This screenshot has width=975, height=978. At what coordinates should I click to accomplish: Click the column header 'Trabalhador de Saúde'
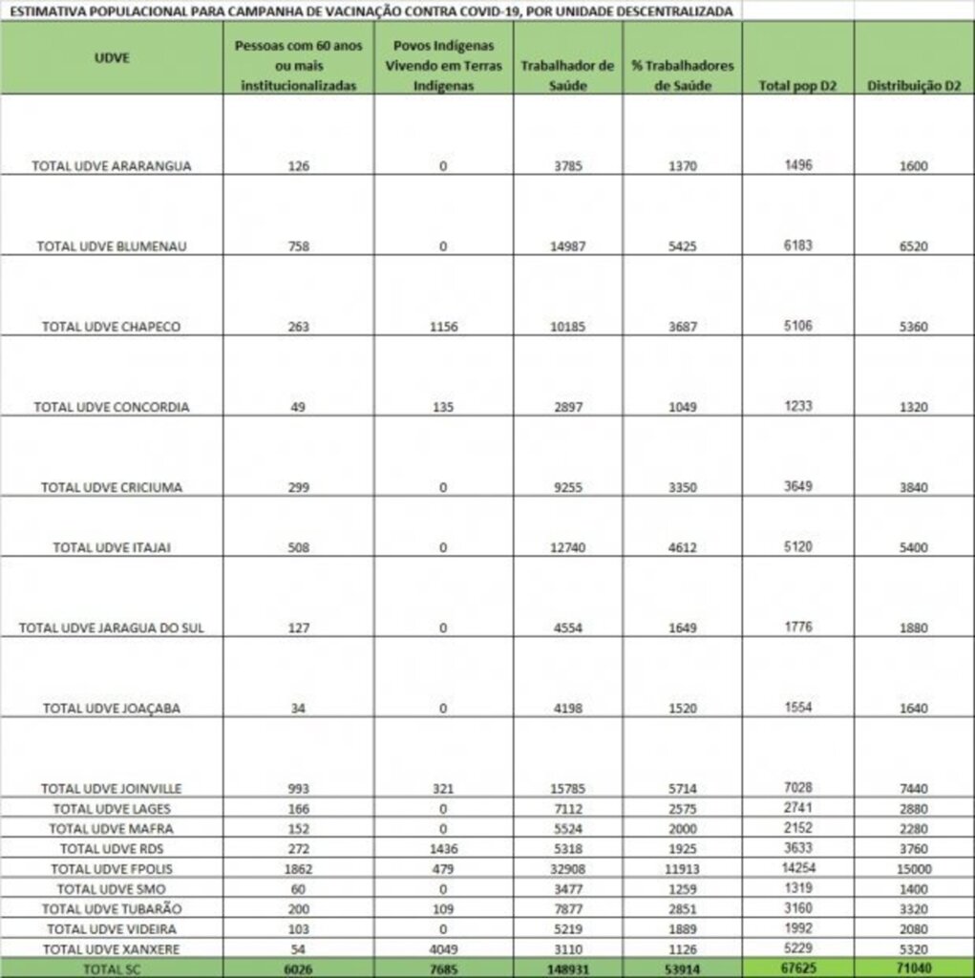tap(567, 74)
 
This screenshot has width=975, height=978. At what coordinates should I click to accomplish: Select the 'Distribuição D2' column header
tap(913, 86)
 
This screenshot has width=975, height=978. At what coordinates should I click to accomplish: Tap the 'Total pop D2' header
tap(796, 86)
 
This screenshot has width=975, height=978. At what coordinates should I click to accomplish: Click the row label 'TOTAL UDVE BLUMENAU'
tap(112, 245)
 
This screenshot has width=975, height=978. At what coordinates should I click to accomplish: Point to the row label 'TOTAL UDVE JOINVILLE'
tap(112, 788)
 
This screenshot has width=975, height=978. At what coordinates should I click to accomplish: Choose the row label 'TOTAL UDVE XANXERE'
tap(112, 948)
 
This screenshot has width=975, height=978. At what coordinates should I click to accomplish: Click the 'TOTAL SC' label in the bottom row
tap(112, 968)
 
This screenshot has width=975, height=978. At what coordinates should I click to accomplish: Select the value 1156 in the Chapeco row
tap(443, 327)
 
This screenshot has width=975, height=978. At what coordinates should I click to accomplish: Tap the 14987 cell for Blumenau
tap(567, 246)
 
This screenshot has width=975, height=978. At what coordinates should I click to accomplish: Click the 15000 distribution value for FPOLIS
tap(913, 869)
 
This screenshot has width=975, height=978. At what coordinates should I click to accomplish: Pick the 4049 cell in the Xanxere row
tap(443, 948)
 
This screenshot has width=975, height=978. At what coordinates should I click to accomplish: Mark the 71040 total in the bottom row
tap(913, 967)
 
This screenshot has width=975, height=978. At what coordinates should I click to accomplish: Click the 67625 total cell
tap(796, 967)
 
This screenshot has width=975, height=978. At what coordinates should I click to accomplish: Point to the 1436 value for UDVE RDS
tap(443, 848)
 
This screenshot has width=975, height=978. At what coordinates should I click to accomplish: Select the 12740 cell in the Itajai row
tap(567, 547)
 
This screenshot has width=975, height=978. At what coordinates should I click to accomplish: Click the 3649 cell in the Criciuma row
tap(796, 485)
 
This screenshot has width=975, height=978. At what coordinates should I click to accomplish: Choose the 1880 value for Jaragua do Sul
tap(913, 628)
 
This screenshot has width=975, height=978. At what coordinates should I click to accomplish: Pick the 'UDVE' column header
tap(112, 57)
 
